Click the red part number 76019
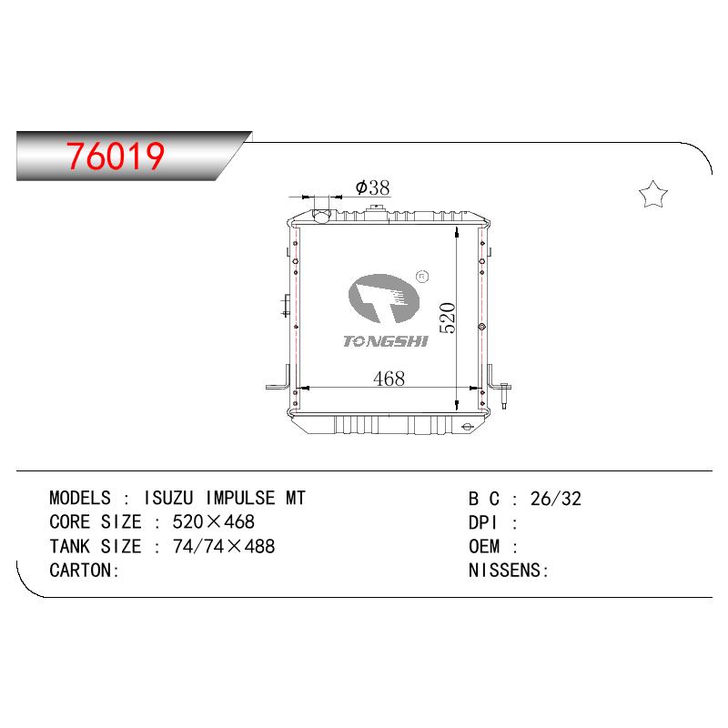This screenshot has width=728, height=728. click(x=116, y=156)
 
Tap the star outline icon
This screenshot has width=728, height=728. click(x=652, y=194)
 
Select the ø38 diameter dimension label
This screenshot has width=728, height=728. click(x=372, y=187)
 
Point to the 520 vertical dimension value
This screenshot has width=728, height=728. click(x=448, y=318)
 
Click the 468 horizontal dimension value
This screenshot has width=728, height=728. click(x=389, y=379)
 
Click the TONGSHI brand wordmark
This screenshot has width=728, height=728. click(x=385, y=341)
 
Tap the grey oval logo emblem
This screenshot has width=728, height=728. click(x=383, y=298)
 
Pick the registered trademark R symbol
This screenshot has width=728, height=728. click(x=422, y=277)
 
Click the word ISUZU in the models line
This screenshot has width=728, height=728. click(x=168, y=498)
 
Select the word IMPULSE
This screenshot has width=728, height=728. click(x=240, y=498)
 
